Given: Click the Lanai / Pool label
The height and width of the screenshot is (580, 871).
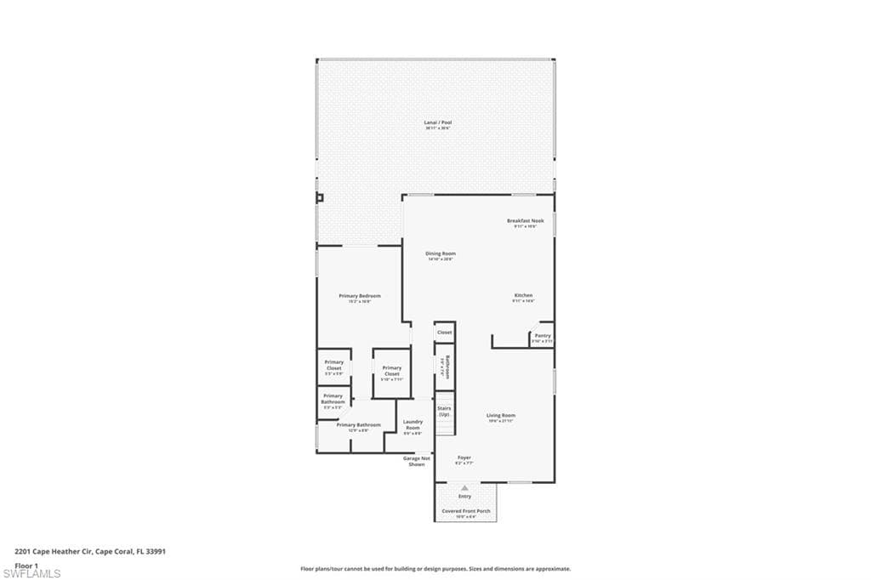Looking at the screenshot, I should (x=438, y=122).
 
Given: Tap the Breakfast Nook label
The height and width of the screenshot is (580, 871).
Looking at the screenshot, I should (x=525, y=221).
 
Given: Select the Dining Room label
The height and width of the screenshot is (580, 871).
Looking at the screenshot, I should (x=441, y=253).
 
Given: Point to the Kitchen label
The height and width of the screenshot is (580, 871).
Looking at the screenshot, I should (x=523, y=296).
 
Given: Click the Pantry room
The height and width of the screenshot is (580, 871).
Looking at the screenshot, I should (x=543, y=336).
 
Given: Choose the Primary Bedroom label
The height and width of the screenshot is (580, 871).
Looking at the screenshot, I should (x=360, y=296).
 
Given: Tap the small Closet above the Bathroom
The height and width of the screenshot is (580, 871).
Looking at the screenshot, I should (x=444, y=333).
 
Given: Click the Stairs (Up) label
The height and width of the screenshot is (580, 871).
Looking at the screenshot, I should (x=444, y=411).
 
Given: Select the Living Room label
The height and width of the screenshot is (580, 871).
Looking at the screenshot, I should (x=501, y=416).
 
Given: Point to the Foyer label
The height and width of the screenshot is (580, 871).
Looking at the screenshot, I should (x=464, y=458).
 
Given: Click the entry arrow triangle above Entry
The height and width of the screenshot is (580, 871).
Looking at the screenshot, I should (x=464, y=488).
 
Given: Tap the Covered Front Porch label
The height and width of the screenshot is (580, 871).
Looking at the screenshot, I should (x=465, y=511).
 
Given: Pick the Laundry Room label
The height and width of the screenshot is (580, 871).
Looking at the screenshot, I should (x=413, y=424).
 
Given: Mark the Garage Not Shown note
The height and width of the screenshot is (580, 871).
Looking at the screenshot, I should (x=417, y=461).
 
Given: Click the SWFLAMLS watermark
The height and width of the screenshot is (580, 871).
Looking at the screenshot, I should (x=31, y=573).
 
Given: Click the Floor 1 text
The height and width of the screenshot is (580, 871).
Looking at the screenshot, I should (x=26, y=565).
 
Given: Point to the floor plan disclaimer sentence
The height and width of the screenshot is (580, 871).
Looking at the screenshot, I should (x=435, y=569).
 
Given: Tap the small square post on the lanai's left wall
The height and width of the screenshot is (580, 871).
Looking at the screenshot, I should (x=320, y=198).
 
